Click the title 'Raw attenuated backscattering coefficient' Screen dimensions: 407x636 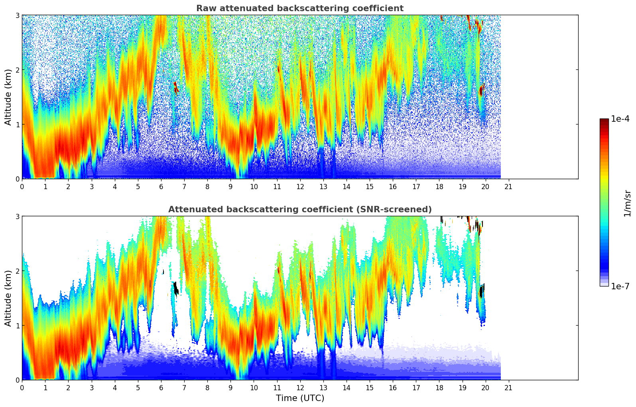300,8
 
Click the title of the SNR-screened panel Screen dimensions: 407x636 300,209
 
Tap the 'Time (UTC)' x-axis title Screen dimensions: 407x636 300,398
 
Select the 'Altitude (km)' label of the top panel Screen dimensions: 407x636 8,97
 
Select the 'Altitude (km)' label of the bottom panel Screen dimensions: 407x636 8,298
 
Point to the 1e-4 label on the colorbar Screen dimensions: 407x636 620,119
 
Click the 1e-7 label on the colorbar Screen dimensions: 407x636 620,286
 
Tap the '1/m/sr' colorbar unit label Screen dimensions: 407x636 627,203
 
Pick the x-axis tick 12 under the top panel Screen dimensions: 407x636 300,186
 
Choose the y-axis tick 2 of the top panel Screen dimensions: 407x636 17,70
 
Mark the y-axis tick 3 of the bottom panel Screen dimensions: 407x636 17,216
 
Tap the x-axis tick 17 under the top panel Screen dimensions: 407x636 416,186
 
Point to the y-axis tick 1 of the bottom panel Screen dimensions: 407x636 17,326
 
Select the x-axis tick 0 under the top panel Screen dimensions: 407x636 22,186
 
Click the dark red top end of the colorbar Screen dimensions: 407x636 604,120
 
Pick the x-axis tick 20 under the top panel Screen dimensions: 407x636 485,186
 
